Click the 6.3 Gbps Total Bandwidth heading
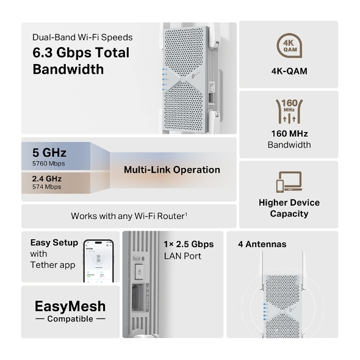[x=81, y=61]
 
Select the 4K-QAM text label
[x=289, y=71]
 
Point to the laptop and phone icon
[x=289, y=182]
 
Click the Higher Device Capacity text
[x=289, y=208]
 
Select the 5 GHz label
[x=49, y=153]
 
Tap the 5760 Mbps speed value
[x=48, y=164]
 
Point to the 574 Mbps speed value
[x=46, y=187]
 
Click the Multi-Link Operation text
[x=171, y=170]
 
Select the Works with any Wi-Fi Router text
[x=129, y=216]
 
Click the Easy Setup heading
[x=54, y=243]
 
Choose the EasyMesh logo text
[x=70, y=306]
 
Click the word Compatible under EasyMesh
[x=70, y=319]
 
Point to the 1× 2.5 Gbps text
[x=189, y=244]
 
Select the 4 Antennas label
[x=262, y=244]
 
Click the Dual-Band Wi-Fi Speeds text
[x=82, y=37]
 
